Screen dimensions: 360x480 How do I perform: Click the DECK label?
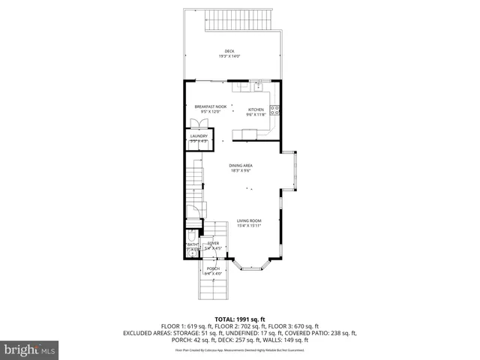pyautogui.click(x=229, y=51)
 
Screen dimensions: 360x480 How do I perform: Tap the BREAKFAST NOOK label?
pyautogui.click(x=211, y=107)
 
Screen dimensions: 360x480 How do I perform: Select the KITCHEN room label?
pyautogui.click(x=256, y=109)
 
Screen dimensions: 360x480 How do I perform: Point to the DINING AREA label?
pyautogui.click(x=241, y=165)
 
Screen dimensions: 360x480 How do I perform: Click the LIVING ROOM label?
pyautogui.click(x=249, y=220)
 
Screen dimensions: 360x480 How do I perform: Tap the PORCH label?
pyautogui.click(x=213, y=268)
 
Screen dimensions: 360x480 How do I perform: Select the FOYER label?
pyautogui.click(x=214, y=244)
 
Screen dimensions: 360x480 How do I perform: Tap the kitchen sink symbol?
pyautogui.click(x=259, y=88)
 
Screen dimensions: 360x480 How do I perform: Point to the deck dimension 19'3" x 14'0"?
pyautogui.click(x=229, y=56)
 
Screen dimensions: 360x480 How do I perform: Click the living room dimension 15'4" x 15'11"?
pyautogui.click(x=249, y=226)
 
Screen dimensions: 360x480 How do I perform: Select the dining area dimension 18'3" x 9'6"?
pyautogui.click(x=241, y=170)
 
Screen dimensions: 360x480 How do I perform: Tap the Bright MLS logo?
pyautogui.click(x=30, y=349)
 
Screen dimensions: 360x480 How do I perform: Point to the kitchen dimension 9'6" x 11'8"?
pyautogui.click(x=256, y=115)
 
